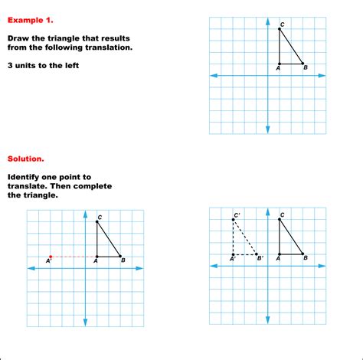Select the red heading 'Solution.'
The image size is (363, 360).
pyautogui.click(x=26, y=159)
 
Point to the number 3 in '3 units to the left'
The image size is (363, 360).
pyautogui.click(x=11, y=65)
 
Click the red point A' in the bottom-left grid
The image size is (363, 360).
pyautogui.click(x=51, y=257)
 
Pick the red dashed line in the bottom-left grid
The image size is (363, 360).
pyautogui.click(x=74, y=257)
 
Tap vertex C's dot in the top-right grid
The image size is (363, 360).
pyautogui.click(x=280, y=29)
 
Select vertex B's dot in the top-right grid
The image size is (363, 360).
pyautogui.click(x=303, y=64)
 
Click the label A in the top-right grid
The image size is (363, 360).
pyautogui.click(x=277, y=70)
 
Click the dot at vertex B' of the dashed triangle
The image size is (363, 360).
pyautogui.click(x=257, y=254)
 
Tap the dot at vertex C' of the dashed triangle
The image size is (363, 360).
pyautogui.click(x=233, y=220)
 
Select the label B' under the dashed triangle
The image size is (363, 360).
pyautogui.click(x=260, y=260)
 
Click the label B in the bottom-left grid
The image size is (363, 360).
pyautogui.click(x=123, y=262)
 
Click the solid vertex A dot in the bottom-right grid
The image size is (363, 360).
pyautogui.click(x=280, y=254)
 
